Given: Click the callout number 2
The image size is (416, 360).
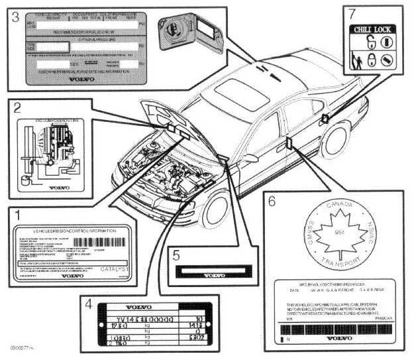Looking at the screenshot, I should coord(18,106).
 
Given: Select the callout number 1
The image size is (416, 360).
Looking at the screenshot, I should coord(19,215).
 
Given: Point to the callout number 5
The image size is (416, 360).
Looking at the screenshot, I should coord(175,253).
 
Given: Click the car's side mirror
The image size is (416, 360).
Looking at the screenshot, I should coord(251,158).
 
